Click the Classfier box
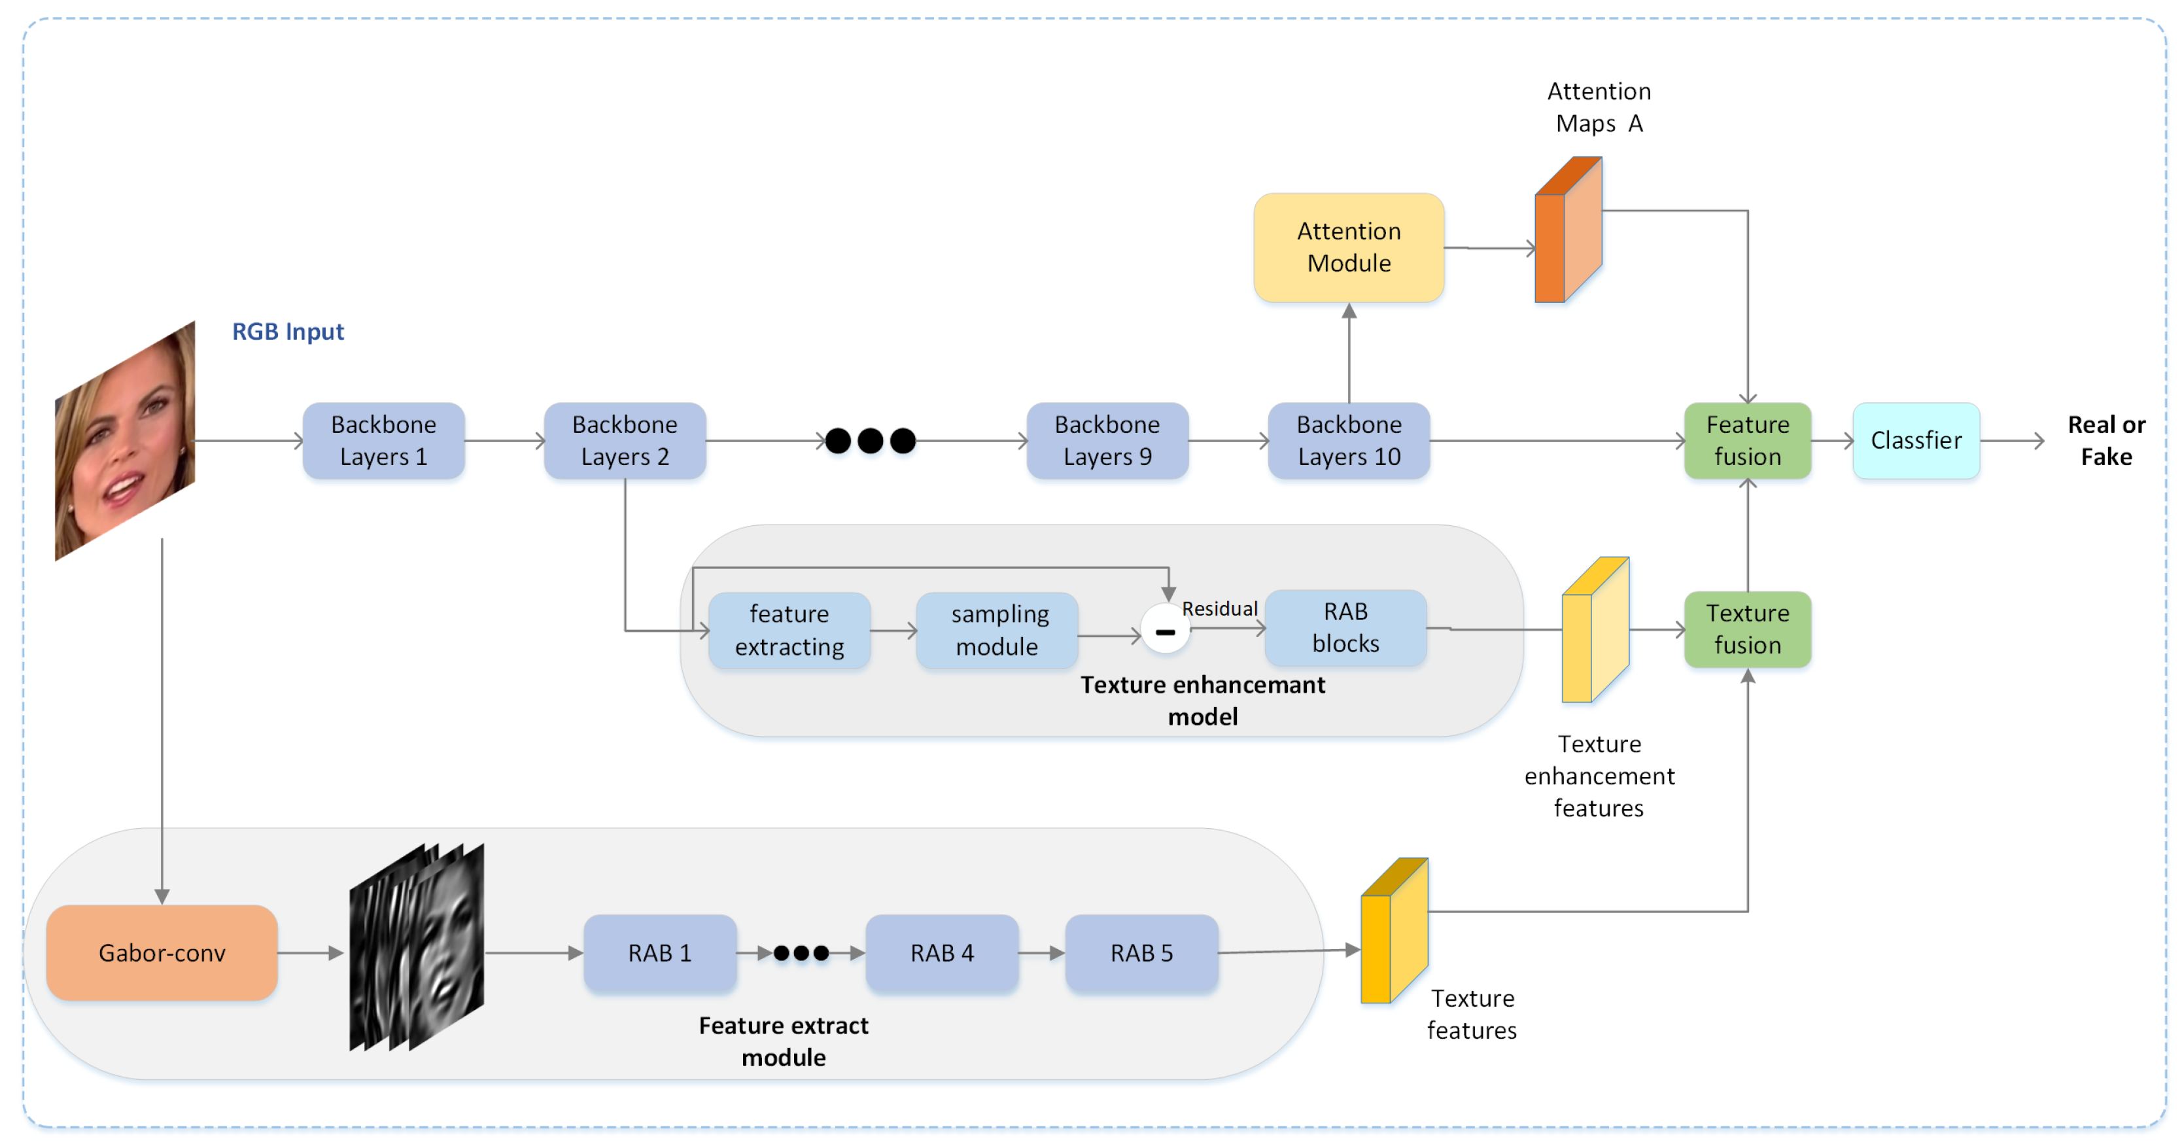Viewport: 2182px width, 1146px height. [x=1915, y=440]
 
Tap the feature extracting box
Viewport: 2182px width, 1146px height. [x=789, y=629]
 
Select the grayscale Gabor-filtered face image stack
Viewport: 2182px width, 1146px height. [x=417, y=947]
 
